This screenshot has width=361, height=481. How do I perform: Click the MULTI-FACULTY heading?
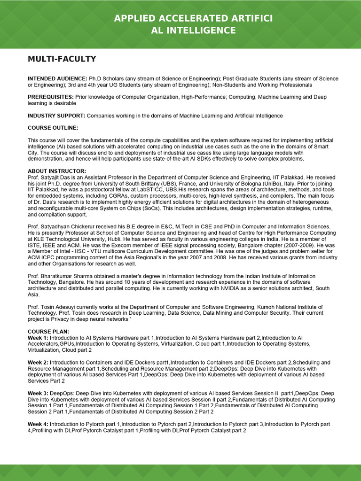(x=62, y=59)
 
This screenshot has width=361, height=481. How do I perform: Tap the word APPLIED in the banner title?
(x=134, y=18)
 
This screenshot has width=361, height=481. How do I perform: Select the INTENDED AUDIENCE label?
(x=57, y=79)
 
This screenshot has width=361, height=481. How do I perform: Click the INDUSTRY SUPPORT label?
(x=56, y=116)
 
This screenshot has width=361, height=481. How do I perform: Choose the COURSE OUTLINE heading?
(x=53, y=128)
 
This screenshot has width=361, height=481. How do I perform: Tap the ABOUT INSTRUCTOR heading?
(x=57, y=171)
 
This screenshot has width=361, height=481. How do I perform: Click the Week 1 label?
(x=38, y=338)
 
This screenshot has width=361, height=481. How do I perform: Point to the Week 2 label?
(x=38, y=363)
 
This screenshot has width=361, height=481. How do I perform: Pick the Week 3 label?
(x=38, y=393)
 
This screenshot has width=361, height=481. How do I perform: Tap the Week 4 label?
(x=38, y=424)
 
